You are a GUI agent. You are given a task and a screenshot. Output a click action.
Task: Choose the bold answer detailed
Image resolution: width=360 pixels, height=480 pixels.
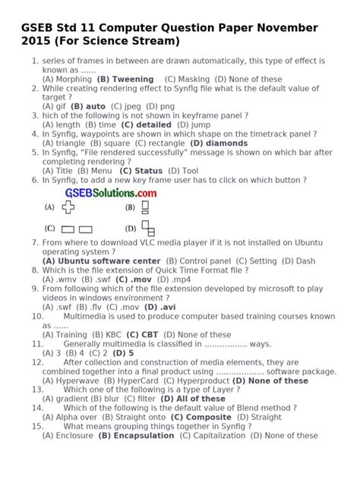pos(153,125)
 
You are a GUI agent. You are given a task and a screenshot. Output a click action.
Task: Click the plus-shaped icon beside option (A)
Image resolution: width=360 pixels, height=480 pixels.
pos(69,207)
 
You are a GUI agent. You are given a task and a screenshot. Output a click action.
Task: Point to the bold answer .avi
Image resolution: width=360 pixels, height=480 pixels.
pos(164,307)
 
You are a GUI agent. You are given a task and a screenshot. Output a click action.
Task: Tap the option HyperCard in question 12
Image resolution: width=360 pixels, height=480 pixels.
pos(159,381)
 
